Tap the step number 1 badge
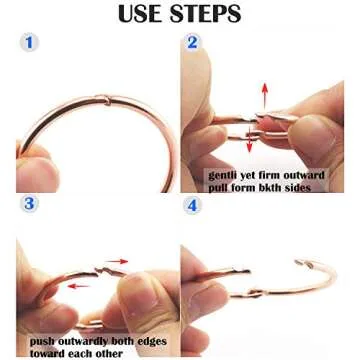29,42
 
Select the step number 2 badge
192,42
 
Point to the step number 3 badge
29,203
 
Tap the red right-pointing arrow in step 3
117,262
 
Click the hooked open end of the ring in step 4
304,263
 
